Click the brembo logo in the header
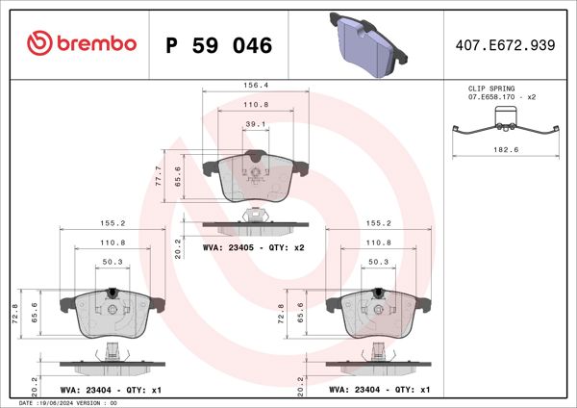[82, 44]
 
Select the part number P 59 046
[219, 45]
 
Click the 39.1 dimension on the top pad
[255, 124]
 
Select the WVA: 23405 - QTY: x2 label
[254, 248]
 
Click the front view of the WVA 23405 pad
[255, 177]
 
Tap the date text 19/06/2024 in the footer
[60, 403]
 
